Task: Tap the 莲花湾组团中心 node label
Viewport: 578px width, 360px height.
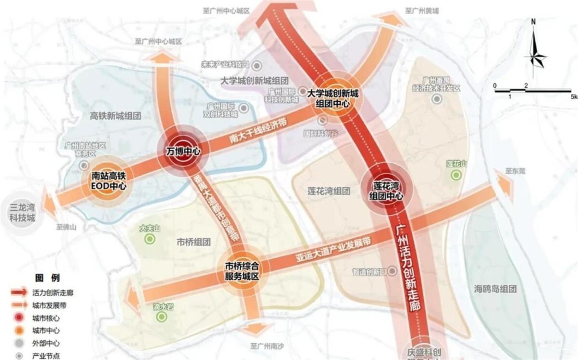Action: click(385, 191)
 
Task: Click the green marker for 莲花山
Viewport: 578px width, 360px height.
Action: click(456, 175)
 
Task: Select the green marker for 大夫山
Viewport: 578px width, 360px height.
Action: click(149, 239)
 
